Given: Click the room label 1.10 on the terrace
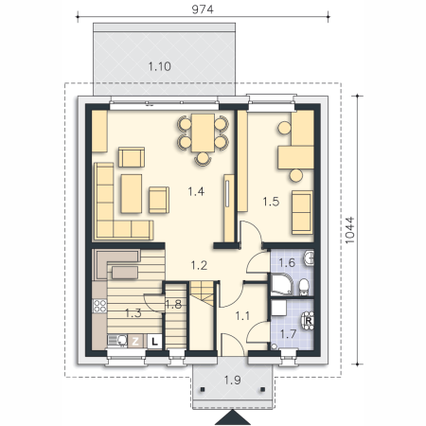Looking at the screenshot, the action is (159, 66).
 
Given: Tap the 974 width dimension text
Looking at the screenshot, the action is (203, 9).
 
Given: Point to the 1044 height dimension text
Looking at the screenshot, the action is (350, 230).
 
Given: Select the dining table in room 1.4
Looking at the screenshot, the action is (203, 133).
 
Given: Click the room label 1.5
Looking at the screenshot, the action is (271, 202).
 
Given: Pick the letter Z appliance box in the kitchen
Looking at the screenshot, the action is (135, 341).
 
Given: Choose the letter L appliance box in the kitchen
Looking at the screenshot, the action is (154, 341).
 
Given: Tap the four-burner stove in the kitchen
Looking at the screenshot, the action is (99, 306).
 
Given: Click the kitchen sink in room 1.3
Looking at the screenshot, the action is (117, 341).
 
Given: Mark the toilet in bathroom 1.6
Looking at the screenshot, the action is (304, 287).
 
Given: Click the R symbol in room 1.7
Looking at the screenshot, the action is (309, 321).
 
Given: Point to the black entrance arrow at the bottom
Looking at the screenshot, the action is (233, 417).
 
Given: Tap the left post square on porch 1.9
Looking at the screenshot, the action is (203, 389).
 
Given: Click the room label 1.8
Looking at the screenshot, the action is (173, 304).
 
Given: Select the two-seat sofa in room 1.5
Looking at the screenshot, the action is (302, 212).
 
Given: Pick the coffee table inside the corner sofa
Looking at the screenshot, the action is (131, 193).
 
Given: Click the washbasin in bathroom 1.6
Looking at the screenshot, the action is (310, 257).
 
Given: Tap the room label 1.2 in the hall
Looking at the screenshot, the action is (199, 266).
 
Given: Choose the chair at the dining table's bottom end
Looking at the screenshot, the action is (203, 158).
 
